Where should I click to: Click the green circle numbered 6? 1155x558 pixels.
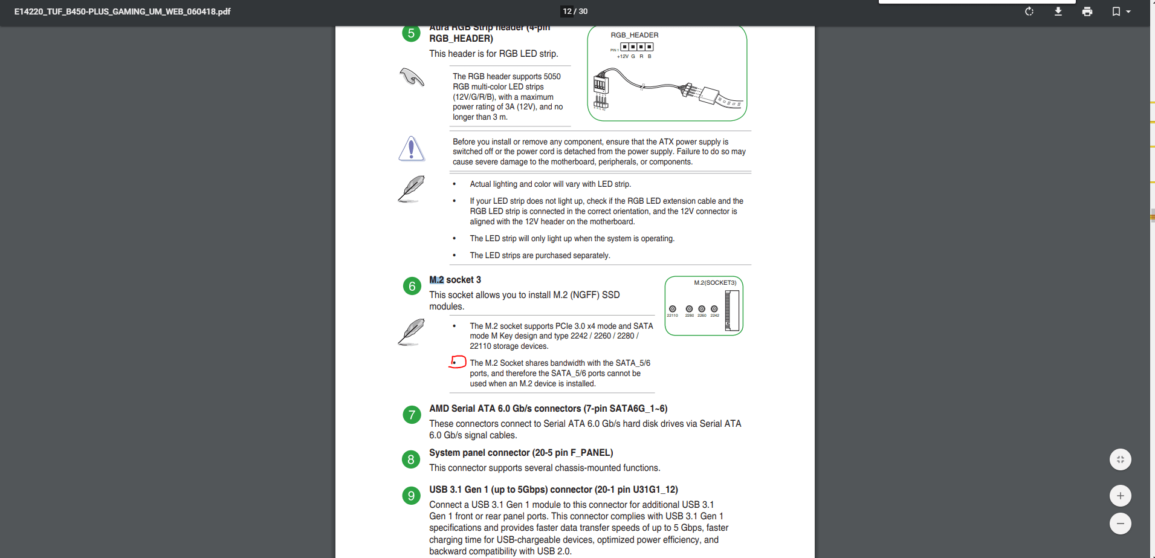coord(412,286)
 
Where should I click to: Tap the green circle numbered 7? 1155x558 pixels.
coord(412,415)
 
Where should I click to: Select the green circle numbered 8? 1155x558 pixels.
coord(411,459)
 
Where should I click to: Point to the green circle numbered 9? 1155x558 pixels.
coord(411,496)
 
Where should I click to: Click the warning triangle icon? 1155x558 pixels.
coord(412,149)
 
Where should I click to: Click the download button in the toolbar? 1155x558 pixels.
coord(1058,11)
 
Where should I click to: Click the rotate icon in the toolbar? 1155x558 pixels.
coord(1029,11)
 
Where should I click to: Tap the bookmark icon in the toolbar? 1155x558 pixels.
coord(1116,11)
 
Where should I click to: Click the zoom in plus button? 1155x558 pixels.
coord(1120,496)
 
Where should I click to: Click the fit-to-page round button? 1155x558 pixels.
coord(1120,459)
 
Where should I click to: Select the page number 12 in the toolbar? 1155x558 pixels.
coord(567,11)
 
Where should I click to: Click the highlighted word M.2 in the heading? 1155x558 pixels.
coord(436,280)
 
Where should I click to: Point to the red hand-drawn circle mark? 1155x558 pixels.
coord(458,362)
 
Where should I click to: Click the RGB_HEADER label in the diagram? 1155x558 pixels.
coord(634,35)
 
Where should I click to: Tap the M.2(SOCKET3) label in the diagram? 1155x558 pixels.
coord(715,283)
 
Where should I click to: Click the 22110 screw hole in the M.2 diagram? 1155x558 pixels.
coord(672,309)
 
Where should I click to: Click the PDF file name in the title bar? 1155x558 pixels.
coord(123,11)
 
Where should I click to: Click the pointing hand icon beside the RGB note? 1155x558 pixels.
coord(412,77)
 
